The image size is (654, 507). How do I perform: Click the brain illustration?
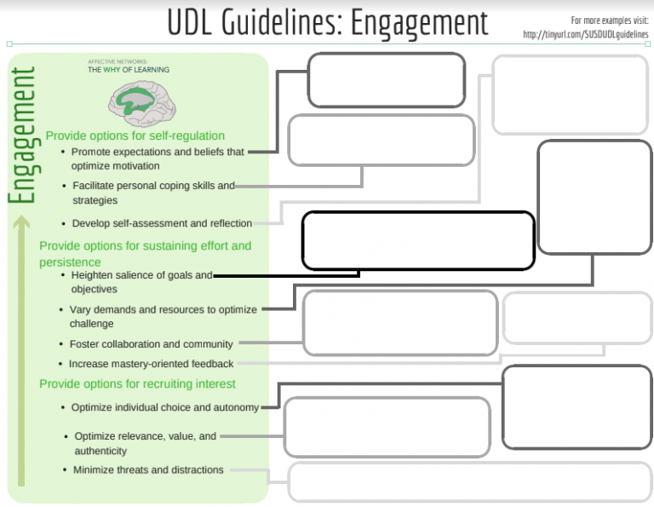pyautogui.click(x=141, y=103)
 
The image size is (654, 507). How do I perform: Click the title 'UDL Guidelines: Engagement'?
pyautogui.click(x=328, y=22)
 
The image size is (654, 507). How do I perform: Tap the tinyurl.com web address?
pyautogui.click(x=588, y=34)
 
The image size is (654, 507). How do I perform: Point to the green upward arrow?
pyautogui.click(x=22, y=349)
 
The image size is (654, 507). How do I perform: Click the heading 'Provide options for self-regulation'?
pyautogui.click(x=135, y=135)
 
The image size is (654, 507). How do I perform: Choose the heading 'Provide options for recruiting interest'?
pyautogui.click(x=137, y=383)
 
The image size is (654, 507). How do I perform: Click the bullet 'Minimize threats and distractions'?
pyautogui.click(x=148, y=470)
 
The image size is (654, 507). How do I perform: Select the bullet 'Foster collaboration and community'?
pyautogui.click(x=152, y=344)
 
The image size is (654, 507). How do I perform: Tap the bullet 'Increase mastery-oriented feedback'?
pyautogui.click(x=151, y=364)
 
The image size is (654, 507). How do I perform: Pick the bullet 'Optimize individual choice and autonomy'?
pyautogui.click(x=165, y=407)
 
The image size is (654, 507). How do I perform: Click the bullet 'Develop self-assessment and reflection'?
pyautogui.click(x=162, y=223)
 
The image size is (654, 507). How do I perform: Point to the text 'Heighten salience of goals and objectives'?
pyautogui.click(x=141, y=282)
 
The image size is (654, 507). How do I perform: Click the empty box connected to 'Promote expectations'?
pyautogui.click(x=386, y=80)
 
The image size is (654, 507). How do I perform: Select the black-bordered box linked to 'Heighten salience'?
pyautogui.click(x=418, y=240)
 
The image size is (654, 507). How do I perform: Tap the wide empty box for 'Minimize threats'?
pyautogui.click(x=469, y=481)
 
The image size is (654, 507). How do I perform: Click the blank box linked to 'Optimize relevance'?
pyautogui.click(x=387, y=427)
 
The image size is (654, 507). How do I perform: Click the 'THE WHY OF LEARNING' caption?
pyautogui.click(x=129, y=70)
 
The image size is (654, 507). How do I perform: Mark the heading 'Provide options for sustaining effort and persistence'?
pyautogui.click(x=145, y=253)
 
